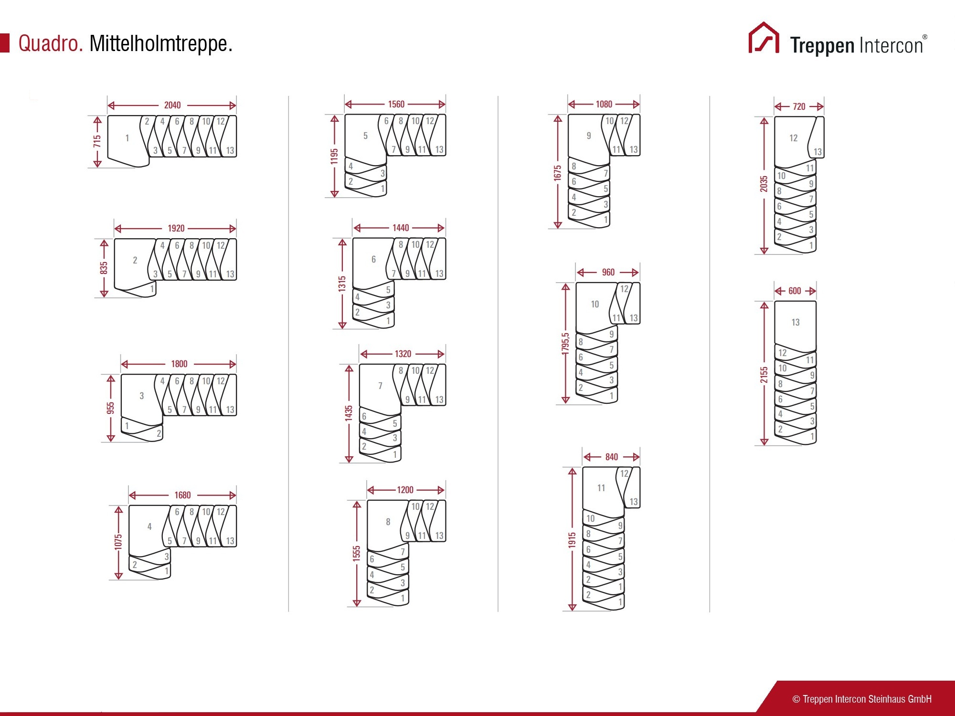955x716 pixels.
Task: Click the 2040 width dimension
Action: [172, 105]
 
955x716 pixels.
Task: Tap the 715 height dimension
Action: [97, 141]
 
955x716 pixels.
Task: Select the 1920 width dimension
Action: [176, 228]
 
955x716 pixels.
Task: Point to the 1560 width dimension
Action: [396, 104]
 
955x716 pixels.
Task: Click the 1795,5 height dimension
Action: [566, 344]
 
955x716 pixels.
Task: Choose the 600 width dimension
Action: [795, 291]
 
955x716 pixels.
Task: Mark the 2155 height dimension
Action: [764, 375]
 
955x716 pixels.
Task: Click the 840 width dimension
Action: [612, 457]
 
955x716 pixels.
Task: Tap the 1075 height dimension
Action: [118, 542]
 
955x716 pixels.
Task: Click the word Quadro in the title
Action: [51, 43]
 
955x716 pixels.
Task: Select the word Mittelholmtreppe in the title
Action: [161, 43]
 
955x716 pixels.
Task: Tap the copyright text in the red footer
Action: [862, 699]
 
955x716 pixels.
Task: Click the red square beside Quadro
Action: [5, 43]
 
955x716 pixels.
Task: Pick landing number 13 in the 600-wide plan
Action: [796, 322]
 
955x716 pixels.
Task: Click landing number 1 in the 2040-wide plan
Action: [127, 138]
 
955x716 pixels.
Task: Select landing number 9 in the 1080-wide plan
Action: [589, 136]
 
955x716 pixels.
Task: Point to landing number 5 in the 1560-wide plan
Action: [365, 136]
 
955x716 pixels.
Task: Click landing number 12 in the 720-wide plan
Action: [794, 138]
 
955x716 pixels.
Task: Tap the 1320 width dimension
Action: [403, 354]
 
